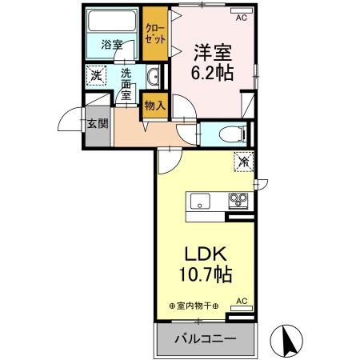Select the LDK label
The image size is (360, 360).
point(206,254)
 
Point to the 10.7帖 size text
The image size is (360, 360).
point(206,274)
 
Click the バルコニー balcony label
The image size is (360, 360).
point(206,338)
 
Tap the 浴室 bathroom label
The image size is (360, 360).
point(111,46)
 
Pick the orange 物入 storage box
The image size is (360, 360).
point(154,104)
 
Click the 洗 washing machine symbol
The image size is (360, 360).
point(95,75)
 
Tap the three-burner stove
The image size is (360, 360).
point(238,200)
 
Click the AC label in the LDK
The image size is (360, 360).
point(241,300)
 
